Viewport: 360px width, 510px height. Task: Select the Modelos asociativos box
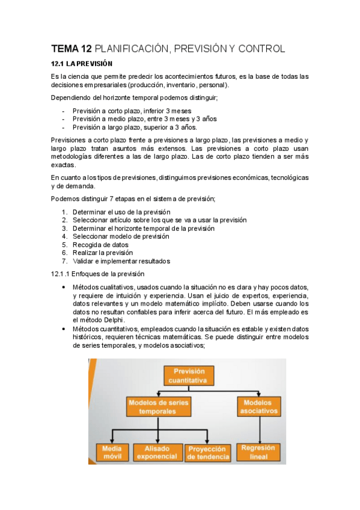pos(259,407)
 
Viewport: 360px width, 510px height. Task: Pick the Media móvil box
pos(112,452)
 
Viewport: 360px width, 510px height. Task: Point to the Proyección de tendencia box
pos(208,453)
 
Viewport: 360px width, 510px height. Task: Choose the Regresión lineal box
pos(259,452)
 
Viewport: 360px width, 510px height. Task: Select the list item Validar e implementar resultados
pos(121,262)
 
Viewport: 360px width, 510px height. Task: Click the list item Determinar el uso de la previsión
pos(121,212)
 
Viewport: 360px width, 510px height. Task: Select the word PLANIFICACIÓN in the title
pos(131,48)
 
